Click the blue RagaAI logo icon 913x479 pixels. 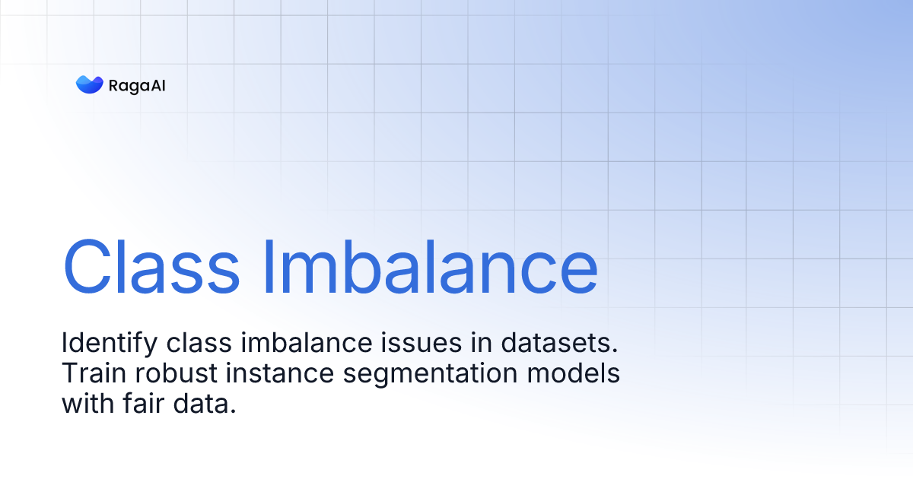pyautogui.click(x=89, y=84)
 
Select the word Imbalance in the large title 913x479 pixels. pyautogui.click(x=430, y=267)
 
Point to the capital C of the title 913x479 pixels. pyautogui.click(x=90, y=267)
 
